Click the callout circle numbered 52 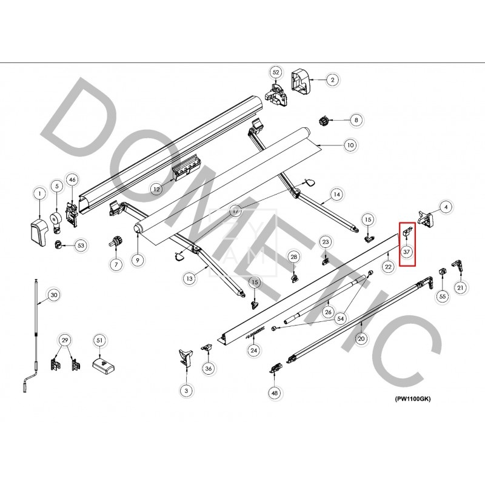coord(276,72)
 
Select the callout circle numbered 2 coord(332,79)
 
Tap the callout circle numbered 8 coord(356,120)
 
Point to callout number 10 coord(349,145)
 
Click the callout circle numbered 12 coord(156,189)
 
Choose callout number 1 coord(39,194)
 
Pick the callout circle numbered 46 coord(72,179)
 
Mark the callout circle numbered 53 coord(80,246)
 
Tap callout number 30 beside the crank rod coord(54,295)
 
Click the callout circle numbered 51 coord(99,341)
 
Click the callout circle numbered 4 coord(446,207)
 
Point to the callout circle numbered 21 coord(461,287)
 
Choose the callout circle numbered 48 coord(275,393)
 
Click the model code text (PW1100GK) coord(413,398)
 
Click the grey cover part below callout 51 coord(102,365)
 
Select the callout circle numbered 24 coord(254,350)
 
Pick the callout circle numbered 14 coord(336,195)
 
